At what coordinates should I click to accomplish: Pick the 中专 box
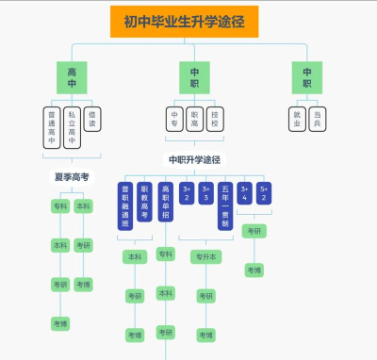coord(174,118)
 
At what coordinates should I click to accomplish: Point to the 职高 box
coord(194,118)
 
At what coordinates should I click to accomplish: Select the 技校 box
coord(214,118)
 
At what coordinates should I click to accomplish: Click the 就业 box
coord(297,118)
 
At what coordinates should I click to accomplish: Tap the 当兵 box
coord(317,118)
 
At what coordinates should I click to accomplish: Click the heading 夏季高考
coord(72,176)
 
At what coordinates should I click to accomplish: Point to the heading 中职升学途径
coord(194,160)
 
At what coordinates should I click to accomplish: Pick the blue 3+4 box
coord(244,192)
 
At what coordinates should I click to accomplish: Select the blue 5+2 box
coord(265,192)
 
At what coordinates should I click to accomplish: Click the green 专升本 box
coord(205,255)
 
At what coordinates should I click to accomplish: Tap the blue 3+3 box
coord(205,192)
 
